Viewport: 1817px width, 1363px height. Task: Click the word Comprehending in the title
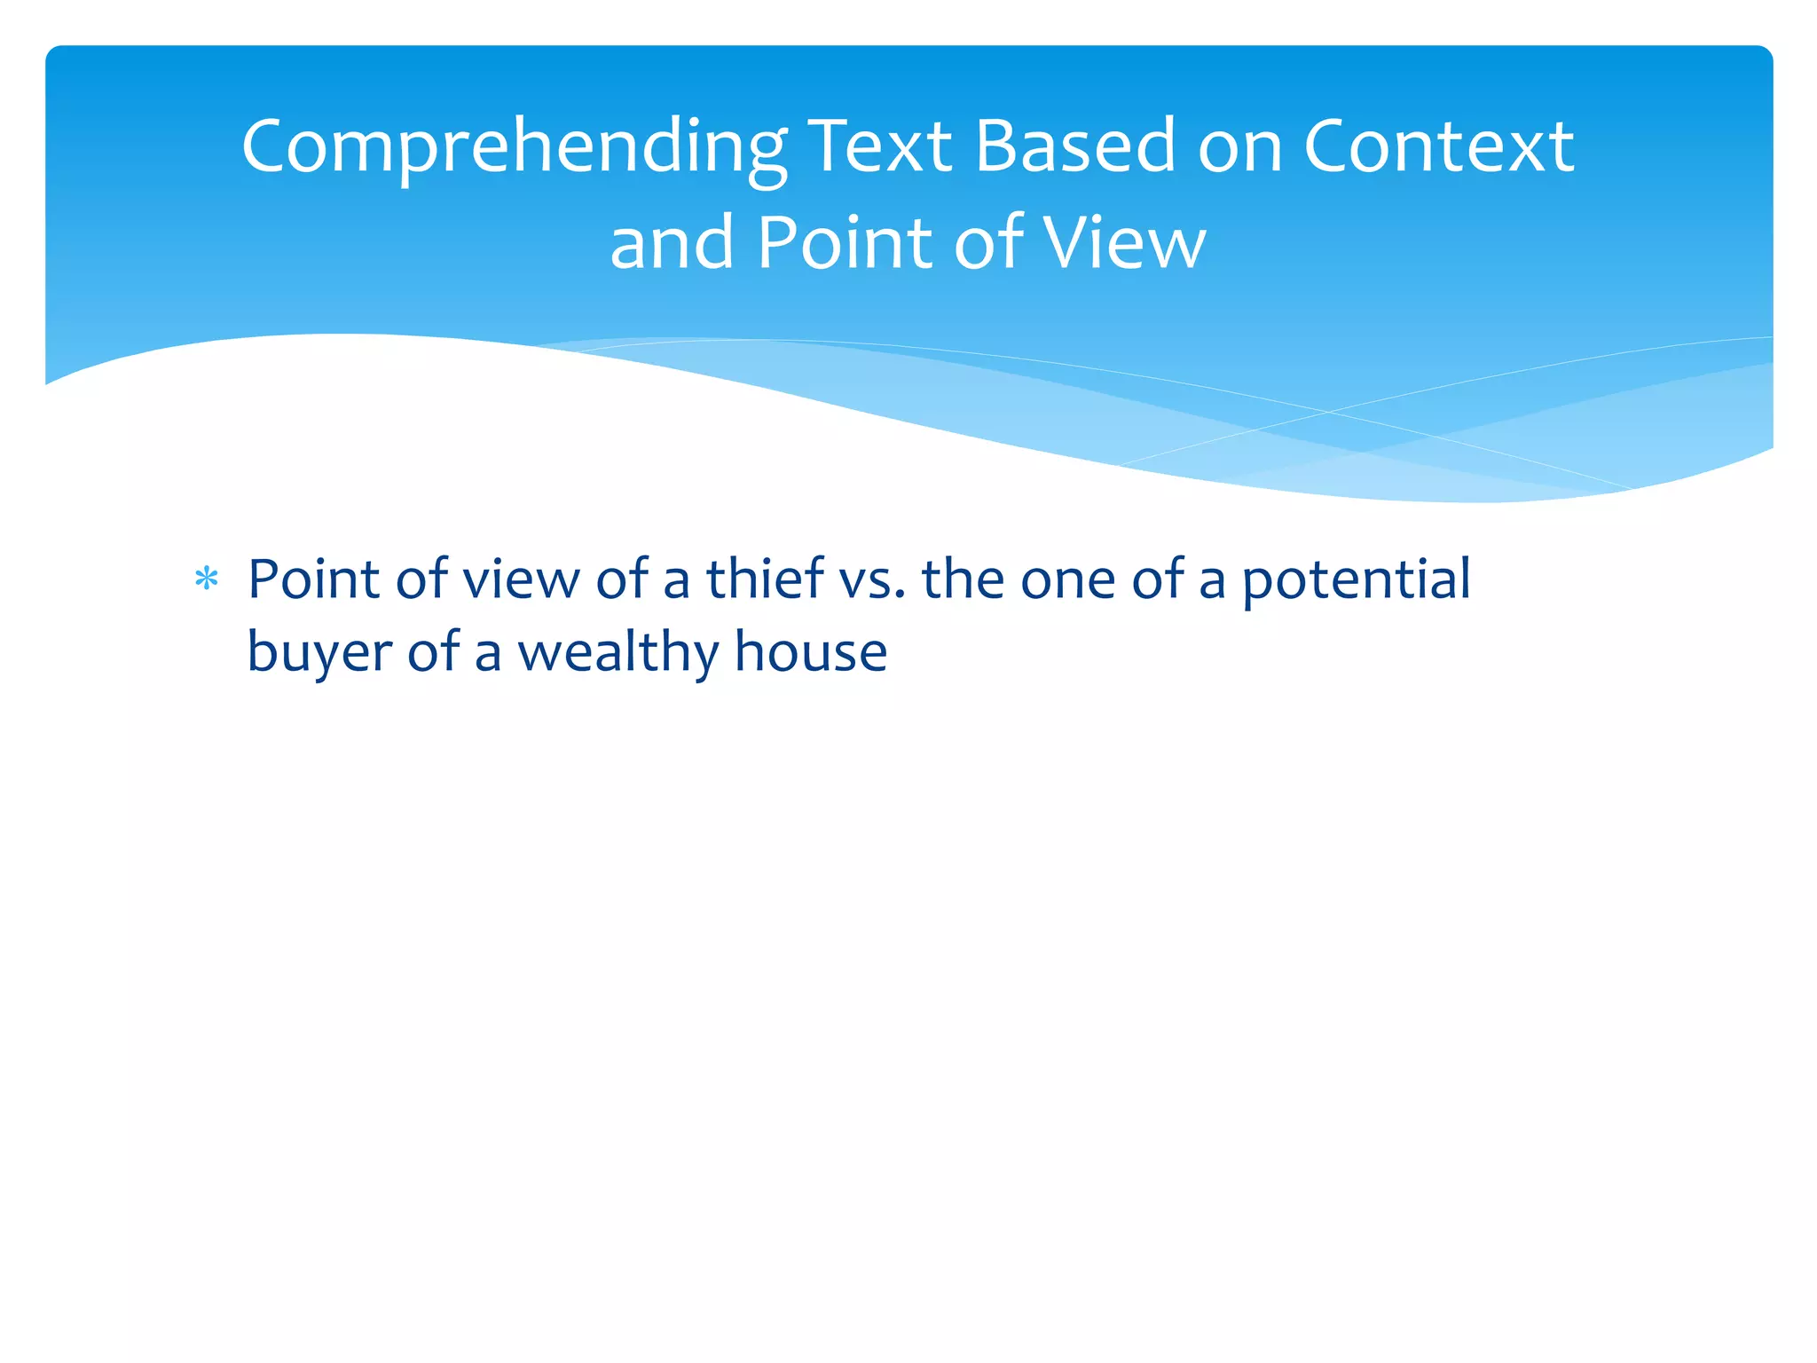(x=514, y=148)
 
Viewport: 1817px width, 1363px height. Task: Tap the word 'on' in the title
(x=1239, y=147)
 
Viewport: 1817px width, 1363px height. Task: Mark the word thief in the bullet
(x=765, y=579)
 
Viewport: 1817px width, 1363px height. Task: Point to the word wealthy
(x=618, y=652)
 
